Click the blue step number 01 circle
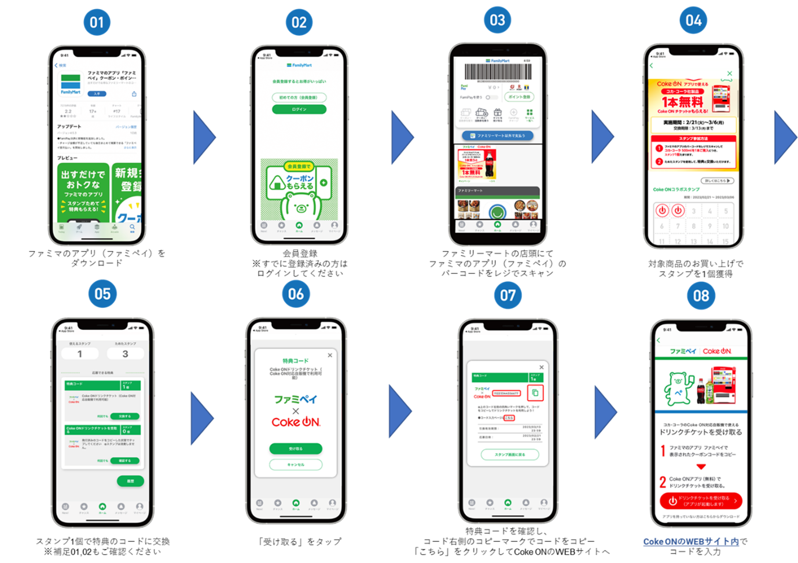tap(97, 23)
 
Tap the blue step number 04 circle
tap(693, 21)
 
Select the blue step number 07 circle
tap(508, 295)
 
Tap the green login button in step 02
tap(299, 109)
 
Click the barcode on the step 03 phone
tap(498, 72)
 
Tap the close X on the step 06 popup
tap(330, 355)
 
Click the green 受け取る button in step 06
tap(296, 448)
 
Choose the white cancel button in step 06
tap(296, 464)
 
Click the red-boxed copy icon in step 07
tap(535, 393)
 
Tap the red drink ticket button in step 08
tap(701, 501)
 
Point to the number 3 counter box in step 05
tap(125, 354)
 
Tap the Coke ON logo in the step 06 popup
tap(296, 422)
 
